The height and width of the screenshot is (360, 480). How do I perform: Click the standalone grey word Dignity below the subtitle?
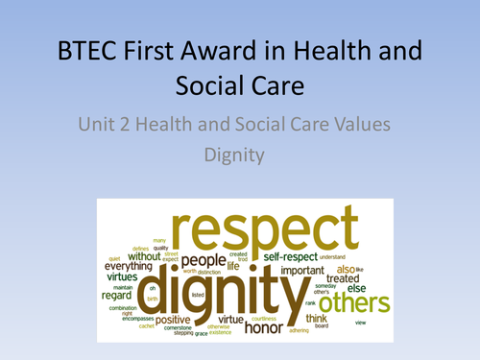[x=239, y=153]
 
